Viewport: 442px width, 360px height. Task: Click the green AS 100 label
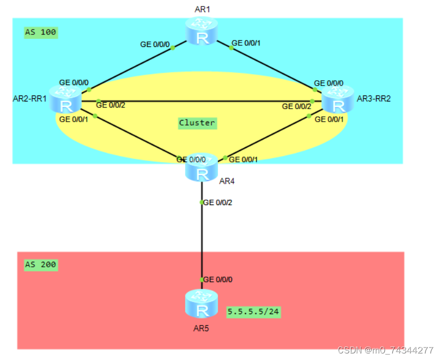coord(40,32)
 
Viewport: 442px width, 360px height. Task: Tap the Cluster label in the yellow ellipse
coord(197,123)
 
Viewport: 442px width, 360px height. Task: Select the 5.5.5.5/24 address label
coord(254,312)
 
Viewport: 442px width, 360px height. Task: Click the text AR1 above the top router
coord(202,9)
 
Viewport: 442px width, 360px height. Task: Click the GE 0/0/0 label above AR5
coord(219,279)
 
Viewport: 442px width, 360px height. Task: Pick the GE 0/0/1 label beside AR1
coord(247,43)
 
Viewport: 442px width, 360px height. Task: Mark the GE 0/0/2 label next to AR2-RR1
coord(111,105)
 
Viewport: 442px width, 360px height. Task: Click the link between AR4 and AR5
coord(202,240)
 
